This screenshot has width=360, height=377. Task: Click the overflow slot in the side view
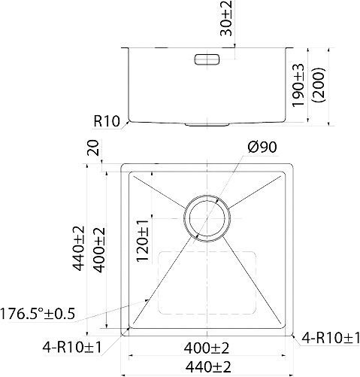point(206,58)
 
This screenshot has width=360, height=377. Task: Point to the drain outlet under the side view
point(206,122)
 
